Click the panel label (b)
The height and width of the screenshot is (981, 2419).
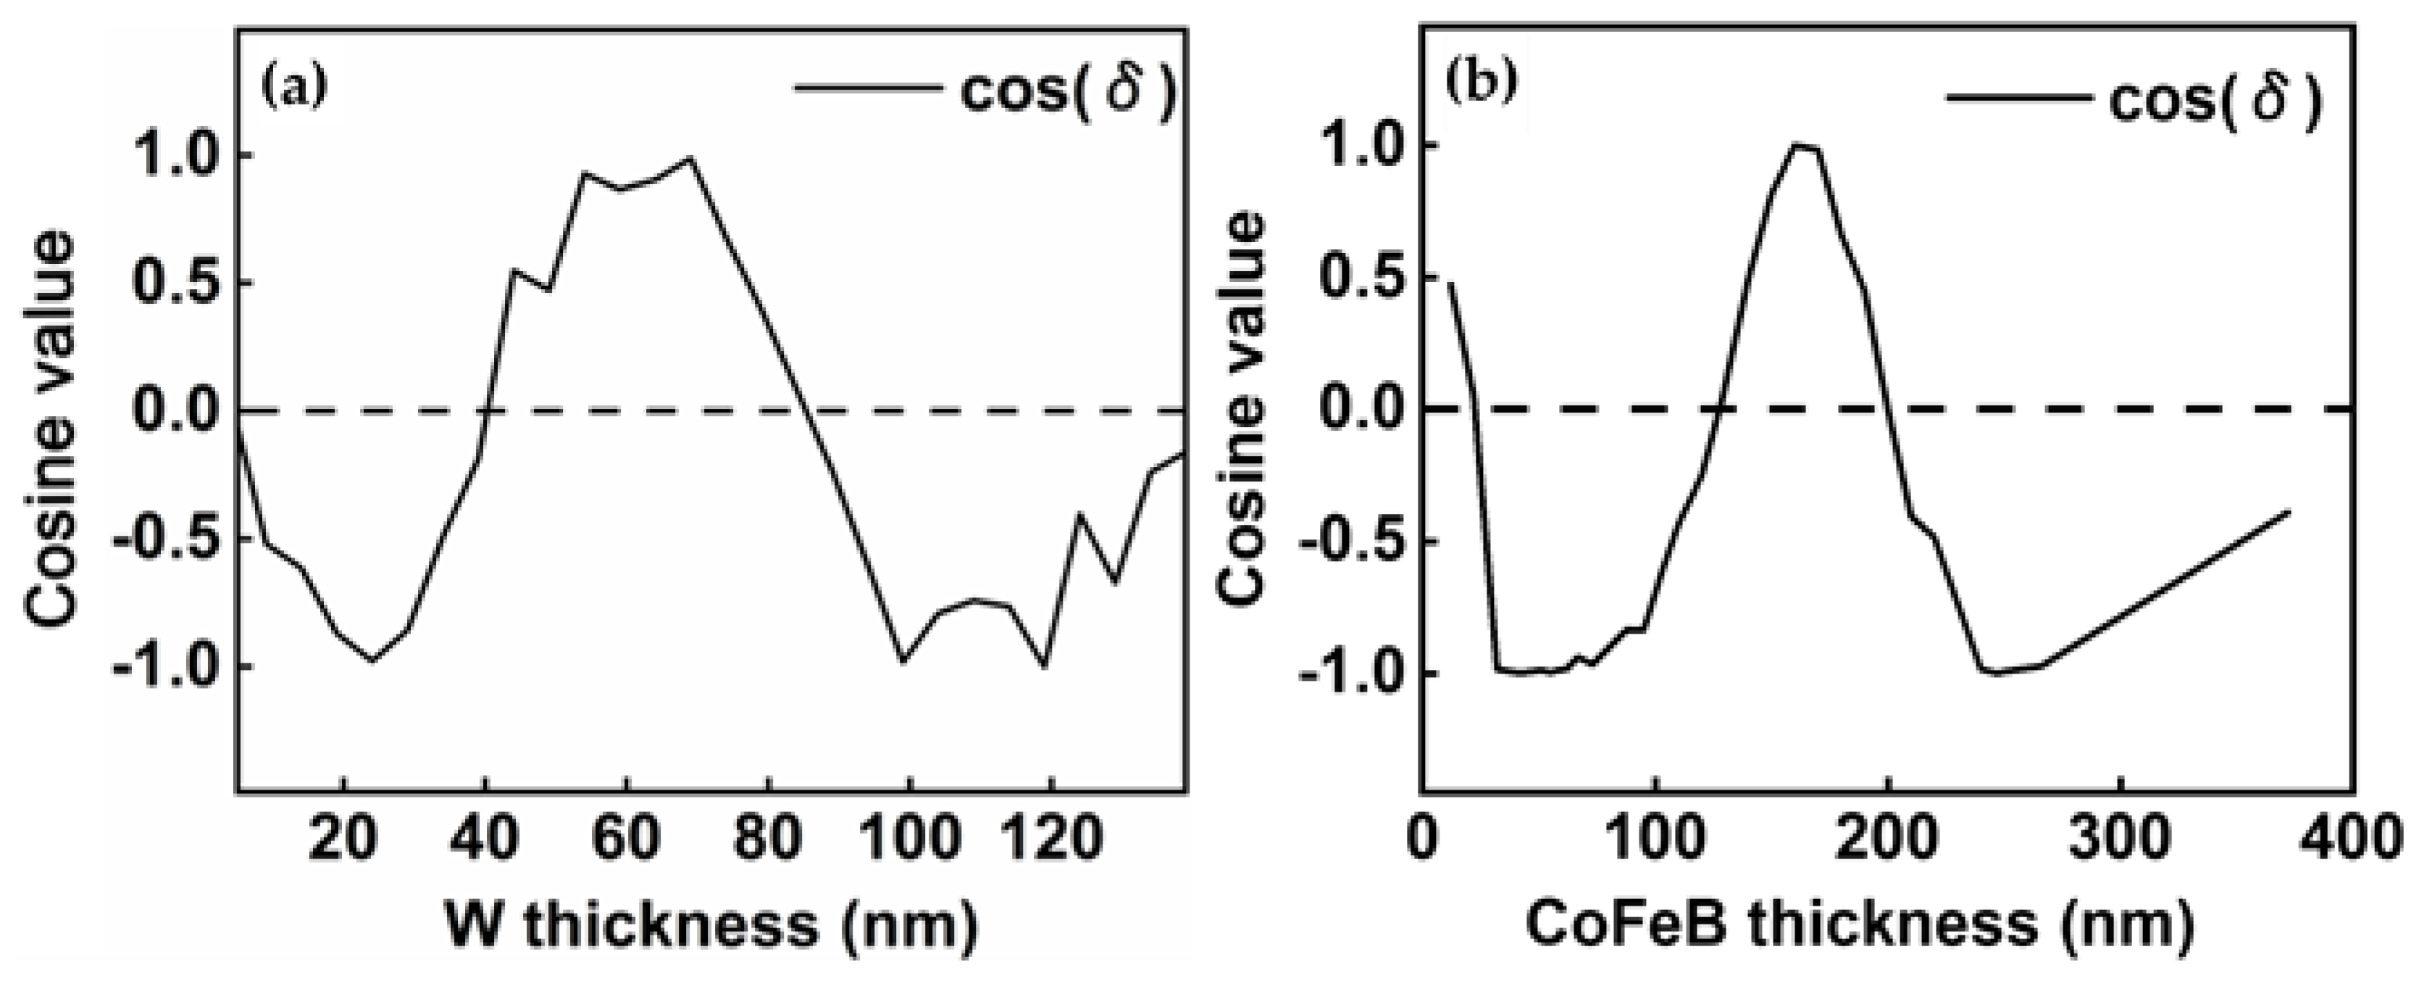[1481, 83]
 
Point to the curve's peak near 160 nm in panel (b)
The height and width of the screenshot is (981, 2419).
[1795, 146]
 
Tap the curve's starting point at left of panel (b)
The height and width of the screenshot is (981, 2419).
[1449, 283]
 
